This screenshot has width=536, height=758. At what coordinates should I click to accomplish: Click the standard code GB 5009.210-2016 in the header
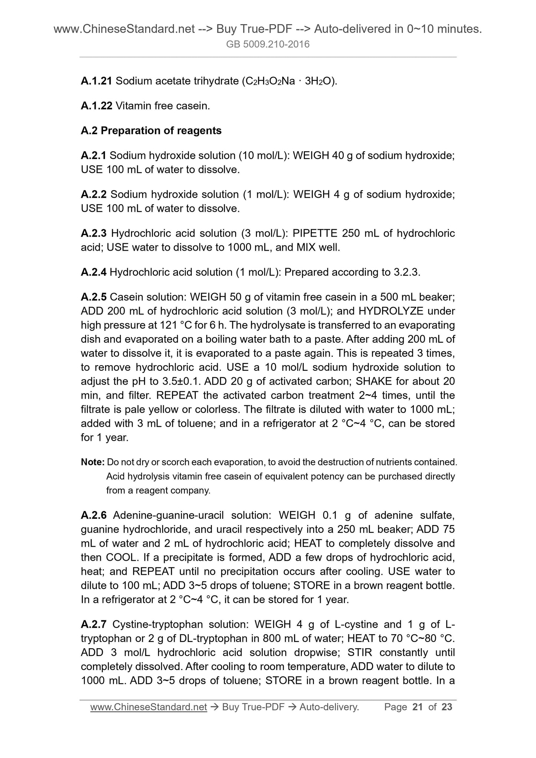pos(268,45)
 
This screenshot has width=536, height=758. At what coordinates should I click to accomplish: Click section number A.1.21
pos(96,81)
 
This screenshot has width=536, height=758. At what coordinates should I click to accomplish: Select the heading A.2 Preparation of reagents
pos(151,131)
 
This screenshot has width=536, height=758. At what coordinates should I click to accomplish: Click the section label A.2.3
pos(93,233)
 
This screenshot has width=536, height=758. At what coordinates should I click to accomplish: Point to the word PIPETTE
pos(315,233)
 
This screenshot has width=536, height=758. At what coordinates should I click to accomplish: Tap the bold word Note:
pos(92,462)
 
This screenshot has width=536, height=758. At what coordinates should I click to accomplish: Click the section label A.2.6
pos(93,515)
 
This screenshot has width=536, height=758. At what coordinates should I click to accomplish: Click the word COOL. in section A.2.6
pos(121,558)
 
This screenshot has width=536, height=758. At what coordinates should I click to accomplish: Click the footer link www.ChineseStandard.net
pos(148,707)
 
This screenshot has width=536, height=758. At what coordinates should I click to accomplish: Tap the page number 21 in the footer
pos(417,707)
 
